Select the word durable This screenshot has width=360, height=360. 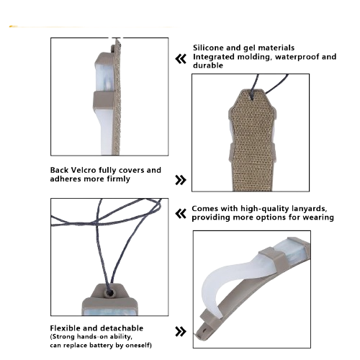[x=208, y=66]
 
